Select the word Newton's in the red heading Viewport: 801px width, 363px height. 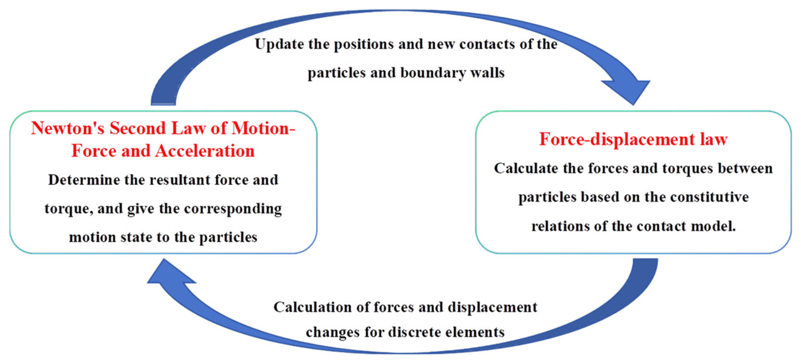pos(67,128)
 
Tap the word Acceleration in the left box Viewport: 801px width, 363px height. pos(205,151)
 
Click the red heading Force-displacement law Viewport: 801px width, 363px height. pos(633,139)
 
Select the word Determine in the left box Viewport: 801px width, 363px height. pos(84,180)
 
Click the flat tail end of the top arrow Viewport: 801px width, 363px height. pos(163,103)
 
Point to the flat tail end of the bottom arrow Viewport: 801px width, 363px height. pos(645,260)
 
